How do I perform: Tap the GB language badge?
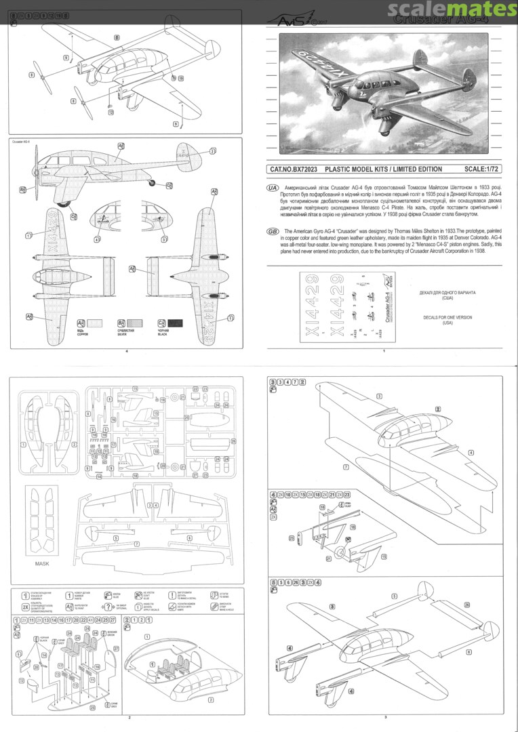[274, 231]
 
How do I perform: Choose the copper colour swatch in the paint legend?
[100, 323]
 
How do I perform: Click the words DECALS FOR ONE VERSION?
[447, 317]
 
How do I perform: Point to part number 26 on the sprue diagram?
[233, 441]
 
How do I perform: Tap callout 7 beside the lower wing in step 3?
[346, 467]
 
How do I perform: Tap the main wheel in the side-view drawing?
[65, 201]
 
